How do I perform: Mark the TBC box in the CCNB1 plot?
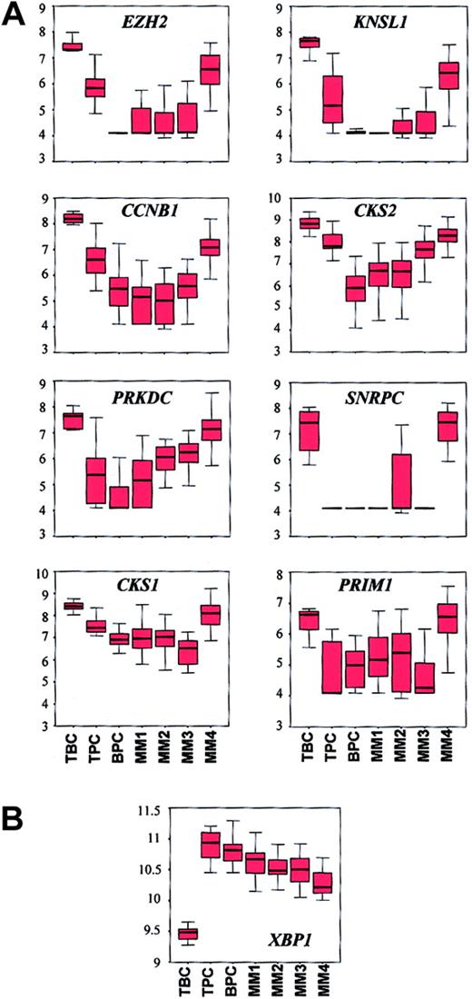click(x=72, y=218)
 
